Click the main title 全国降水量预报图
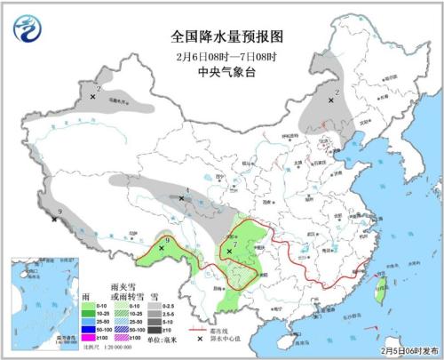(x=222, y=36)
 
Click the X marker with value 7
(x=229, y=252)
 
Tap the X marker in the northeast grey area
(x=331, y=101)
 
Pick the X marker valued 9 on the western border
(x=55, y=219)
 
